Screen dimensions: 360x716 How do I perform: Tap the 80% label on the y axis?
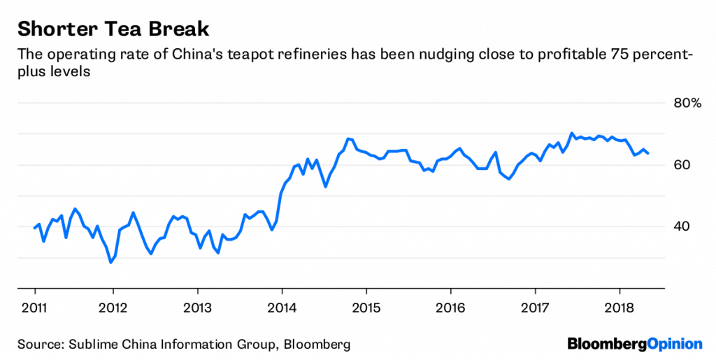coord(687,103)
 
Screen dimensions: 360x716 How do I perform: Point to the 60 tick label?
coord(682,165)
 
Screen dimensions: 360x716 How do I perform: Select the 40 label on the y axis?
coord(682,226)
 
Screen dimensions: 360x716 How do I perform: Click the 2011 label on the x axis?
coord(34,308)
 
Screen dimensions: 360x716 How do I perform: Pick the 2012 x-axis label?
coord(112,308)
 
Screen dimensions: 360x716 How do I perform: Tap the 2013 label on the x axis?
coord(197,308)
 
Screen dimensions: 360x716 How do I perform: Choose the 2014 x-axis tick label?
coord(282,308)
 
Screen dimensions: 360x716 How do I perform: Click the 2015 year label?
coord(366,308)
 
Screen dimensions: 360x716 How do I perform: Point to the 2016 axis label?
coord(451,308)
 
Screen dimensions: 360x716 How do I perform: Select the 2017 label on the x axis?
coord(536,308)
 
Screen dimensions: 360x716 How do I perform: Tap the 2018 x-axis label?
coord(620,308)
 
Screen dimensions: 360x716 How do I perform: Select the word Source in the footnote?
coord(38,344)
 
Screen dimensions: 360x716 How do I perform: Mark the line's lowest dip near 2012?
coord(110,262)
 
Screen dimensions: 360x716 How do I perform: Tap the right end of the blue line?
coord(647,153)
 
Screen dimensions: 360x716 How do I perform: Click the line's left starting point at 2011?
coord(34,228)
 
